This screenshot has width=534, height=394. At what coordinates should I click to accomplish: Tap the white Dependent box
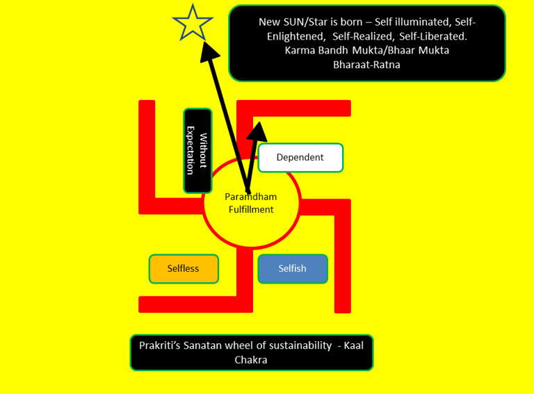[x=300, y=158]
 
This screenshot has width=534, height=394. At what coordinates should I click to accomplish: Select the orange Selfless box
[x=184, y=269]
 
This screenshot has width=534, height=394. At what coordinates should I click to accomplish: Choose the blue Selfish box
[x=292, y=269]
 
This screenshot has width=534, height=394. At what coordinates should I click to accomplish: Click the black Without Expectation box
[x=197, y=151]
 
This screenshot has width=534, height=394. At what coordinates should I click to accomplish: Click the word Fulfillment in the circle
[x=251, y=209]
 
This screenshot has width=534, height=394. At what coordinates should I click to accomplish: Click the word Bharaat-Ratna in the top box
[x=366, y=65]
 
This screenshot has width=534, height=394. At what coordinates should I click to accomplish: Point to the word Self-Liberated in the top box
[x=435, y=35]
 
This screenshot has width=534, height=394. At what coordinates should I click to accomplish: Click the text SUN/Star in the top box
[x=304, y=22]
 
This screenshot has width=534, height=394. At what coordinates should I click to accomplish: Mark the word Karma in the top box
[x=298, y=50]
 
